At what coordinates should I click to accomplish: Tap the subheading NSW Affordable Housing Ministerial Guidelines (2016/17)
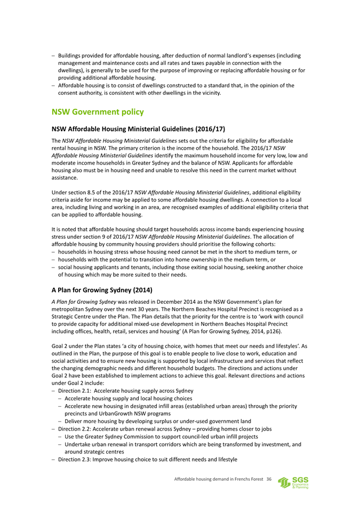pyautogui.click(x=131, y=129)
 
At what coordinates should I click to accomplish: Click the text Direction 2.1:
pyautogui.click(x=74, y=391)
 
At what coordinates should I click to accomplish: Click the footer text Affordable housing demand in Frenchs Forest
pyautogui.click(x=219, y=480)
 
